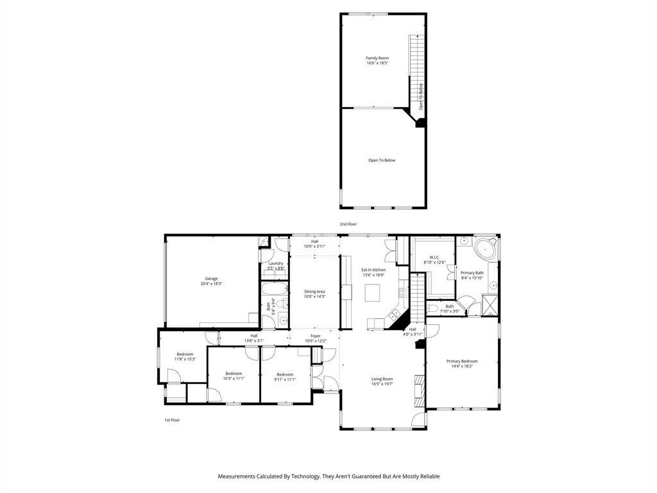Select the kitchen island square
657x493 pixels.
[x=373, y=293]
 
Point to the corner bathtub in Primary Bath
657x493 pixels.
[x=485, y=248]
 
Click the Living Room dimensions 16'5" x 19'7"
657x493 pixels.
[x=382, y=385]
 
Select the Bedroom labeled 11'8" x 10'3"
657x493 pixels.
[x=185, y=356]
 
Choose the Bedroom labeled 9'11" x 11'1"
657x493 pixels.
[x=285, y=376]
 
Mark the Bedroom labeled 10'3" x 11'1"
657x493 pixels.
[x=234, y=376]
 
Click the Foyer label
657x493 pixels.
[x=315, y=336]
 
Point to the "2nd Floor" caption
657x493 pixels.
[x=348, y=224]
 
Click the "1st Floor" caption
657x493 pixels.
[x=172, y=420]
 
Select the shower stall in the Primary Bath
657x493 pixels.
[x=490, y=304]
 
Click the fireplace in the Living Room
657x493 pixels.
[x=419, y=390]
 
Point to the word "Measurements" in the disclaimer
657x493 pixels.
[x=237, y=476]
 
